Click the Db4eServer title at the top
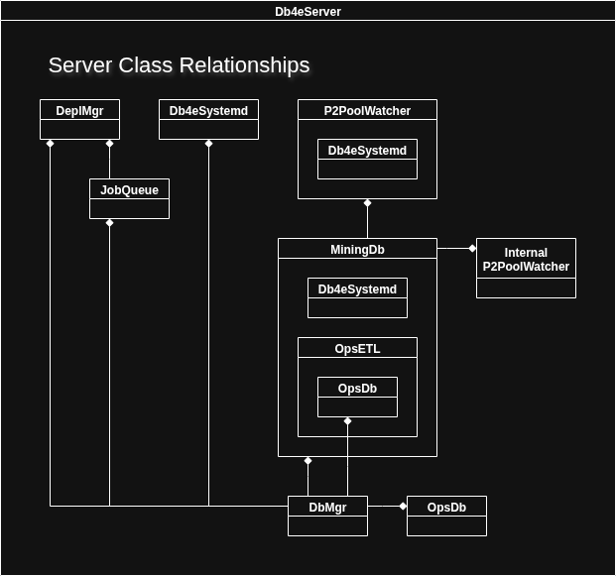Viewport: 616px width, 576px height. [308, 12]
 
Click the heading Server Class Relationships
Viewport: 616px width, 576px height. [179, 65]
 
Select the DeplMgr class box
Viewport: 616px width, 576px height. [79, 119]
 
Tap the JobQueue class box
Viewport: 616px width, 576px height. [129, 198]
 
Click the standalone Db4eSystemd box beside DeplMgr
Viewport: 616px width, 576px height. [208, 119]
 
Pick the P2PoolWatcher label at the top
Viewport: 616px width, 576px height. [367, 110]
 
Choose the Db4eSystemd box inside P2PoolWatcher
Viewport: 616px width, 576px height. [367, 159]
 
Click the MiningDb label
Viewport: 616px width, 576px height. [357, 249]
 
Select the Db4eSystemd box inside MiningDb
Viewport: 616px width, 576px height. [357, 297]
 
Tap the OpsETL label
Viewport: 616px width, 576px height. [357, 348]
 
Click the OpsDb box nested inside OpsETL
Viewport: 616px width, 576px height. [357, 397]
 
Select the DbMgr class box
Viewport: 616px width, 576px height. [327, 516]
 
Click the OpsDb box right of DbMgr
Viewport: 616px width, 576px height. [446, 516]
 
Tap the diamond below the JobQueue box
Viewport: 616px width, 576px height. [109, 223]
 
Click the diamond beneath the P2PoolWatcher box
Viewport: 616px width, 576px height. [367, 203]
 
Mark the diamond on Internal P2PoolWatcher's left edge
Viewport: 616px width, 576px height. [472, 248]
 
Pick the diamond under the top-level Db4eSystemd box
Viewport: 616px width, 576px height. [208, 144]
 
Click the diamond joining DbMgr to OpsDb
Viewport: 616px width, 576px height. [403, 506]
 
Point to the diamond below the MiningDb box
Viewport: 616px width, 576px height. [308, 461]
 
